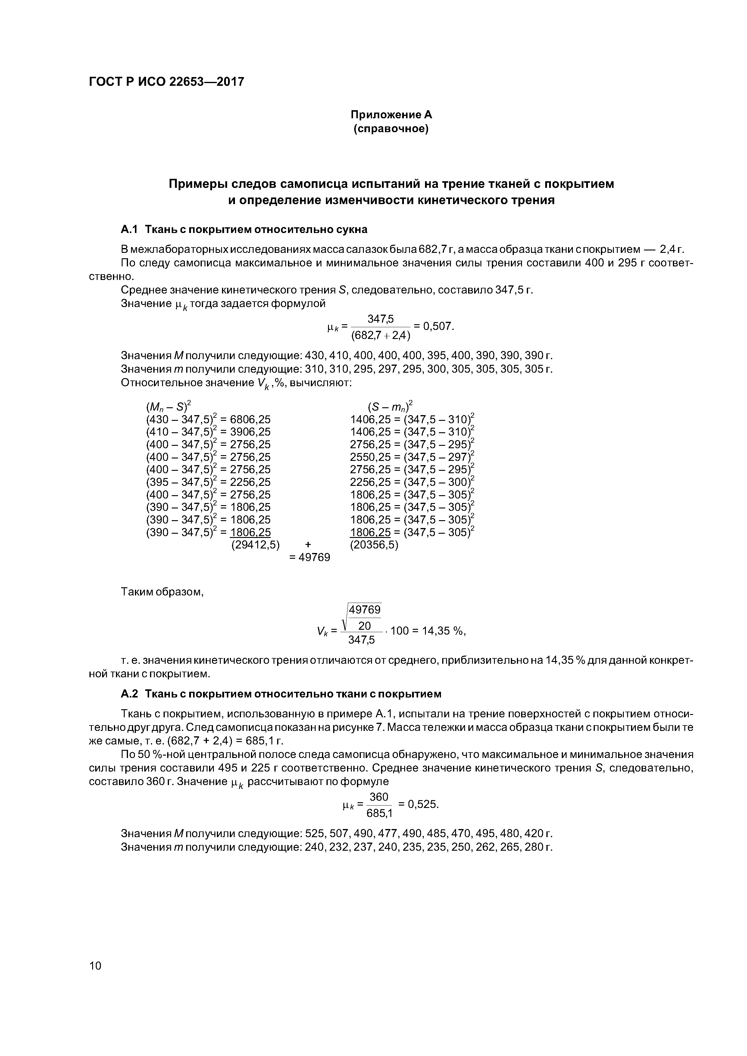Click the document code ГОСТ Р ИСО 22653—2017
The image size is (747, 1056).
click(166, 82)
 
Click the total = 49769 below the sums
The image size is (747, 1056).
click(310, 558)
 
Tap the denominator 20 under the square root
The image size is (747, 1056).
click(364, 626)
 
